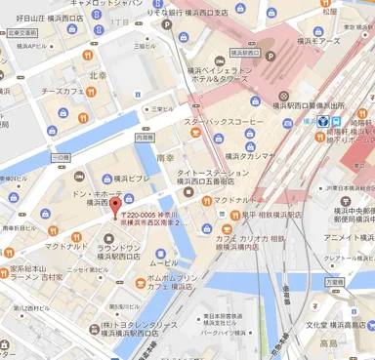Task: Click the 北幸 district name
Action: coord(98,75)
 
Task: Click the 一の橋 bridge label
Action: coord(60,156)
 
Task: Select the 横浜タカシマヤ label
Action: coord(253,154)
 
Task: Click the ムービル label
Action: coord(163,262)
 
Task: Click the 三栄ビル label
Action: coord(150,109)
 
